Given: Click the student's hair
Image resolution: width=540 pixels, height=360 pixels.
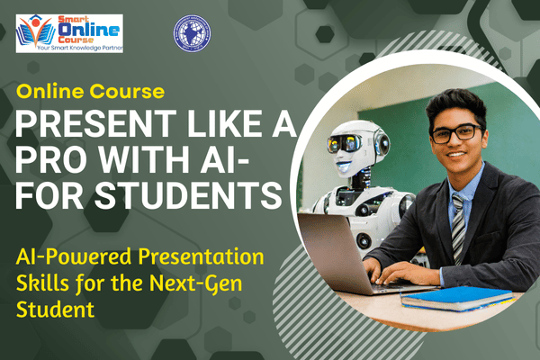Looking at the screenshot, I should pyautogui.click(x=454, y=103).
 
